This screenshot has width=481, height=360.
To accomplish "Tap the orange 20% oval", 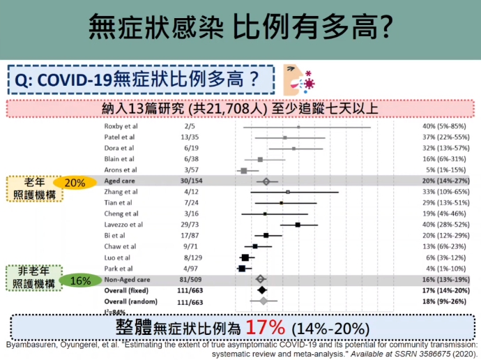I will (75, 183).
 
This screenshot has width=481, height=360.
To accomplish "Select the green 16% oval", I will (80, 280).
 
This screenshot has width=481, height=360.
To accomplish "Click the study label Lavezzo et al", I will (123, 225).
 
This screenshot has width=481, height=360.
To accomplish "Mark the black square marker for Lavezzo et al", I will (298, 225).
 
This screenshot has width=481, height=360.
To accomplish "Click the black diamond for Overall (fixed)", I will (262, 290).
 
